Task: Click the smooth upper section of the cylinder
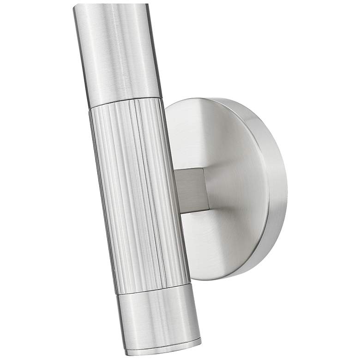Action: tap(118, 51)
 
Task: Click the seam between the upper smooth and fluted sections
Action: tap(126, 102)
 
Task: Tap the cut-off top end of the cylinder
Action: tap(111, 6)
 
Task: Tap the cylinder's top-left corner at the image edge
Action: tap(74, 6)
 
